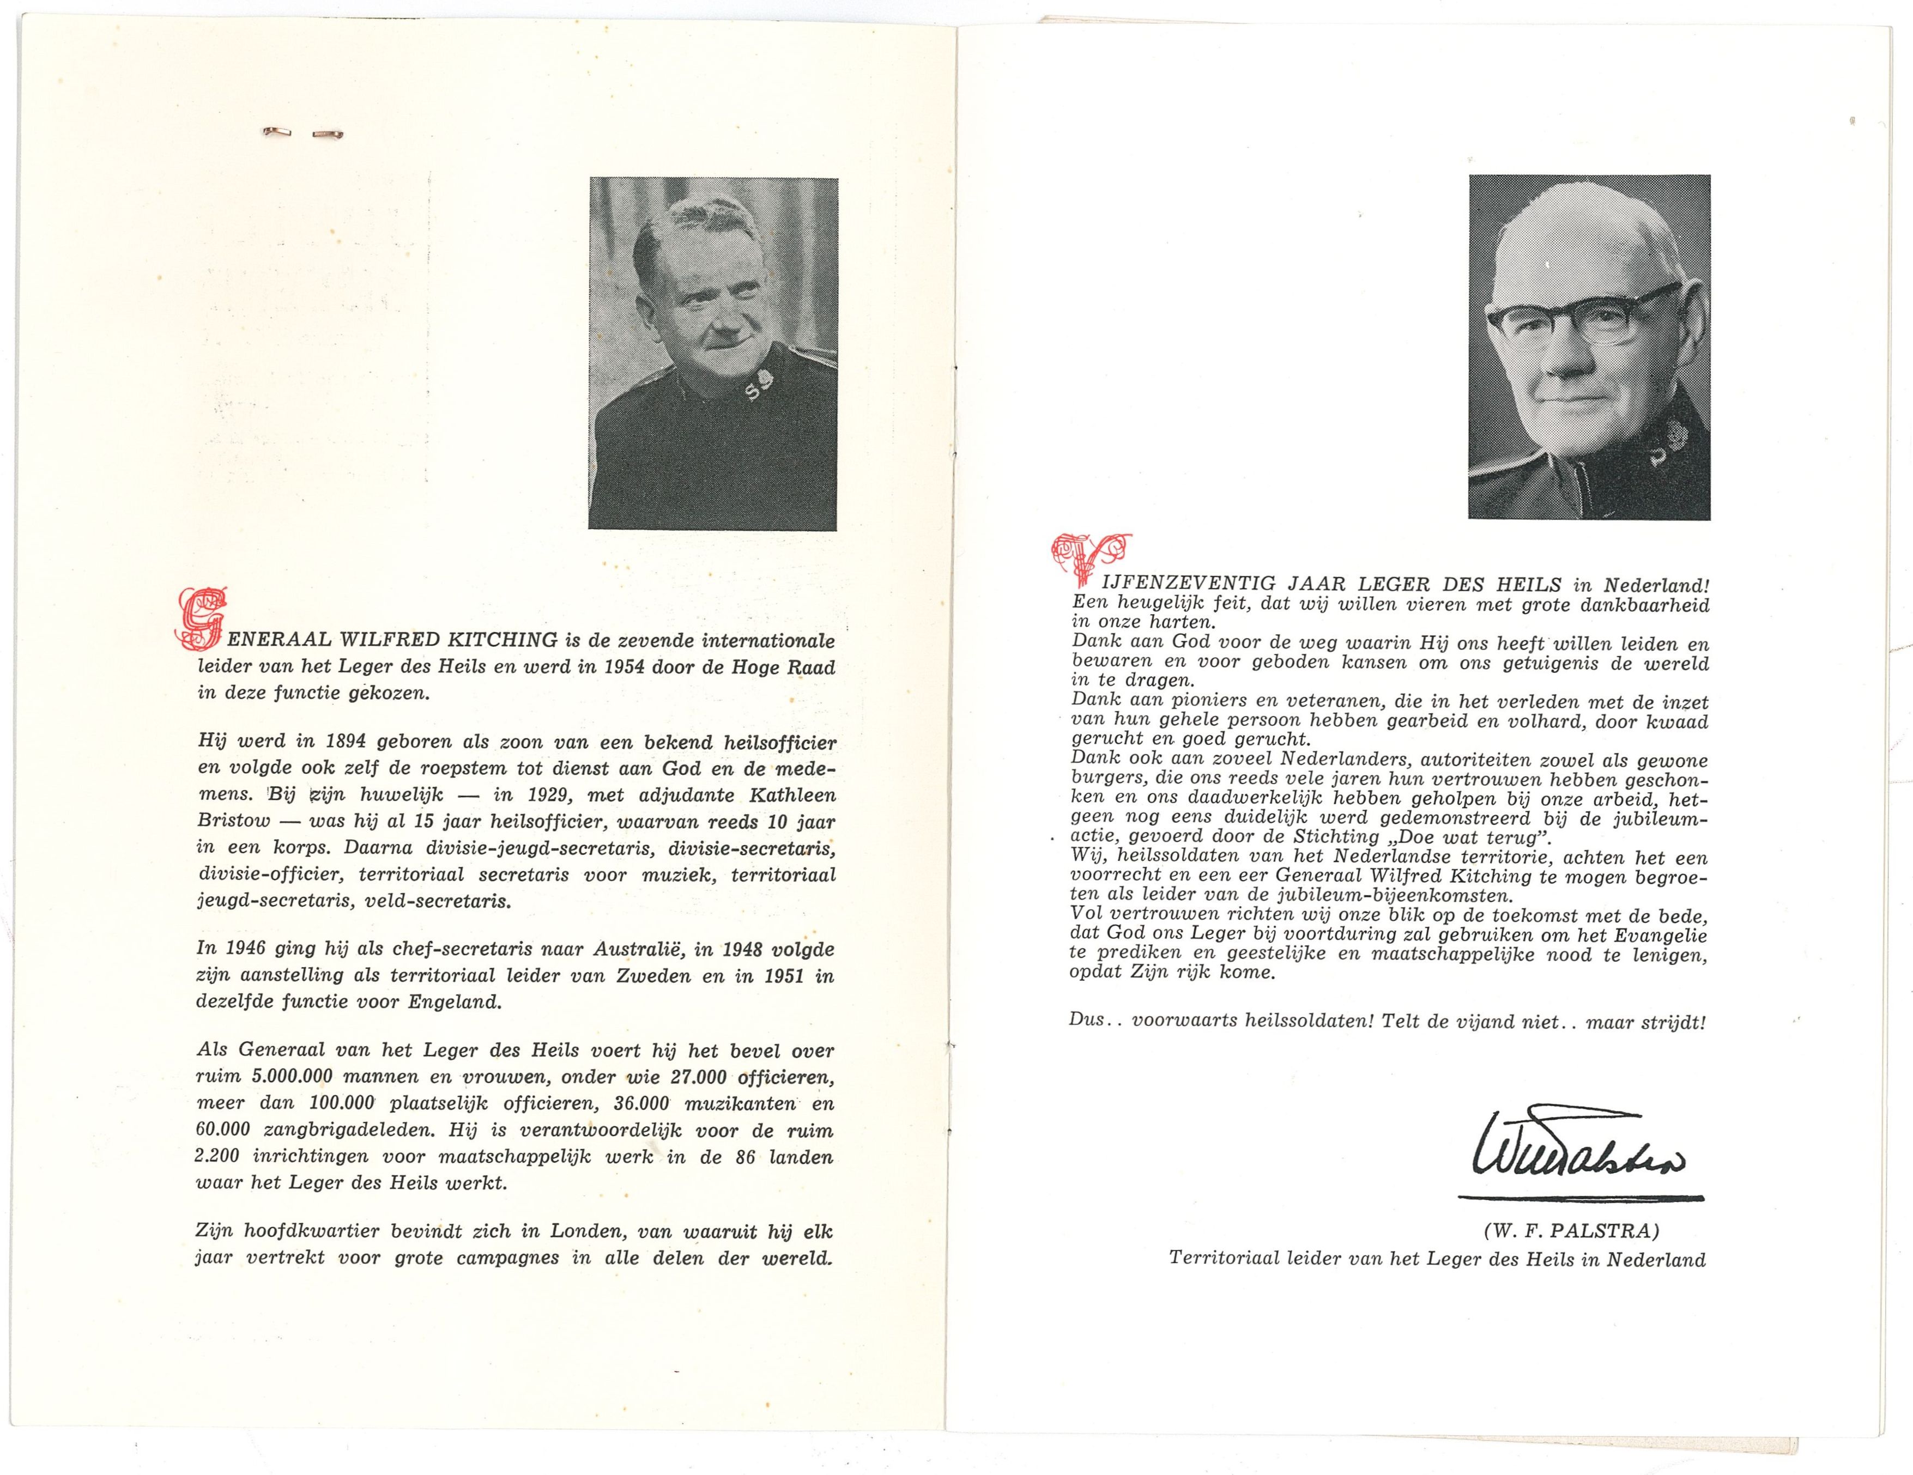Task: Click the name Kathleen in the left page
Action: (795, 796)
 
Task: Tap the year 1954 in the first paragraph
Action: (623, 667)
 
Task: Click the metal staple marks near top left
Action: (302, 133)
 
